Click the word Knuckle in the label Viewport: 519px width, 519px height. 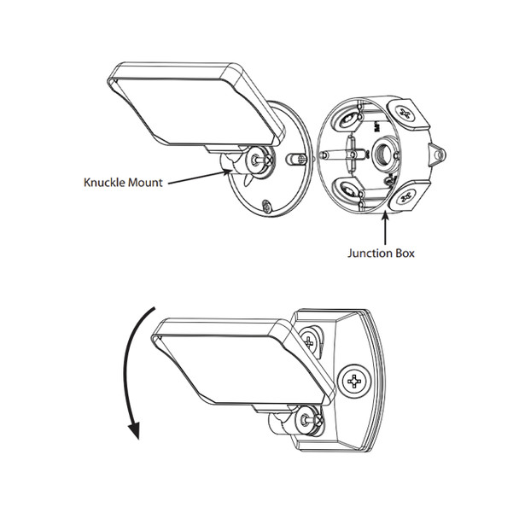104,183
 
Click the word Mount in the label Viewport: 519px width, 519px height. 145,183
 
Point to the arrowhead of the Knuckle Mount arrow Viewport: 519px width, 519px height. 228,172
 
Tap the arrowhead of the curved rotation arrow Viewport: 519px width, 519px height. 134,429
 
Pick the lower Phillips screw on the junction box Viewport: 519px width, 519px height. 405,198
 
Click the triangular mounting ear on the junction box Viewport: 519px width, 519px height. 437,155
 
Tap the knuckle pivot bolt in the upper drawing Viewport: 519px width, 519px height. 256,160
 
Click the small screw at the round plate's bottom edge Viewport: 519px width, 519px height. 266,207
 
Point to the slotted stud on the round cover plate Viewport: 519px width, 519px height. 295,159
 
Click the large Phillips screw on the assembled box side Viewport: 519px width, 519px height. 354,381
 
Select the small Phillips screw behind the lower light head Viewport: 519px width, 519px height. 309,341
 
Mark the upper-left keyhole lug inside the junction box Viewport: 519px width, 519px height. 347,120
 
